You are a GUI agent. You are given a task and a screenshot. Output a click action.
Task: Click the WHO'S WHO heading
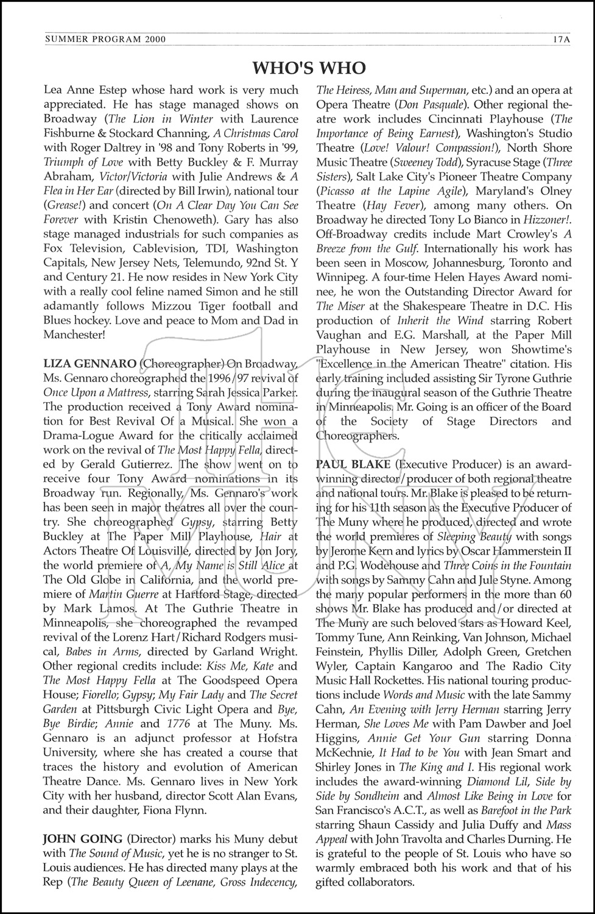coord(309,67)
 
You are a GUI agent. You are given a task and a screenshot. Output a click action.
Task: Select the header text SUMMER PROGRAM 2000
coord(105,40)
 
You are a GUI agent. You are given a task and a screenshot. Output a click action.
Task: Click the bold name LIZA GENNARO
coord(90,364)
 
